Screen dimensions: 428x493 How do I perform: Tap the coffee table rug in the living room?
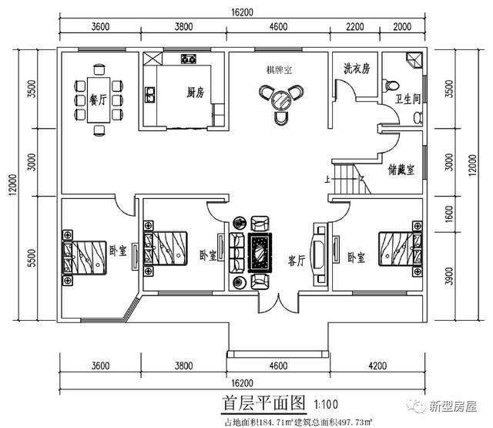[257, 251]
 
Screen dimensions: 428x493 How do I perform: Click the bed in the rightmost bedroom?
[397, 248]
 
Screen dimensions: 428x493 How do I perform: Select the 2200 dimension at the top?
[355, 26]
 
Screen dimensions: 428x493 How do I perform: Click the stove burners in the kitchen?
[189, 59]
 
